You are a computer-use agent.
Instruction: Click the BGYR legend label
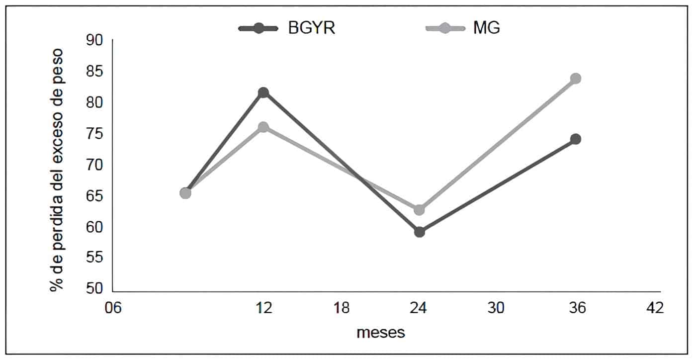tap(312, 28)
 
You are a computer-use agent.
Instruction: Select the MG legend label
tap(486, 28)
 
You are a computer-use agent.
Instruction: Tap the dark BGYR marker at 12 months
tap(263, 92)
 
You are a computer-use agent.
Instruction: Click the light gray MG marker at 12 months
tap(263, 127)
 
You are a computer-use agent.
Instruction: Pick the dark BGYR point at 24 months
tap(419, 232)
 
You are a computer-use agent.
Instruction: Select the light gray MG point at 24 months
tap(419, 210)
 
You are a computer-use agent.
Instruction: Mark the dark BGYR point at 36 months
tap(576, 139)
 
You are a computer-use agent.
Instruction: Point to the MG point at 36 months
tap(576, 78)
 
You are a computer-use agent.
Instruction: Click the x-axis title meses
tap(381, 333)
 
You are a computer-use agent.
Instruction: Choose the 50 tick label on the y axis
tap(94, 289)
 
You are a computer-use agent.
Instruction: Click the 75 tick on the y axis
tap(94, 134)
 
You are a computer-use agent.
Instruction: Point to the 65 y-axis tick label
tap(94, 196)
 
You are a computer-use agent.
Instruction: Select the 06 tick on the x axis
tap(112, 308)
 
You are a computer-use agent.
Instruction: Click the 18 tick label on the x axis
tap(341, 308)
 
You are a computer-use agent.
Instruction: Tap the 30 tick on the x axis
tap(496, 308)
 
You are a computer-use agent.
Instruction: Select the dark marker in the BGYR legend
tap(259, 28)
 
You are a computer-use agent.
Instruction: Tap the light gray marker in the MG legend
tap(445, 28)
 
